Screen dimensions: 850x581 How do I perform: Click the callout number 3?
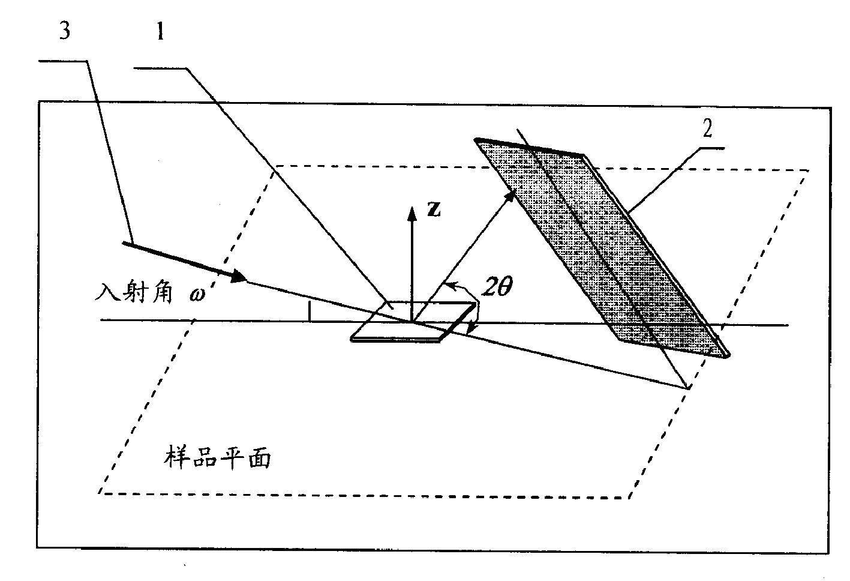(x=65, y=31)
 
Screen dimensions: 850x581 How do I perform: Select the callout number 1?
(x=161, y=31)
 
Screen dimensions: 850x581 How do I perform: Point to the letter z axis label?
(x=434, y=209)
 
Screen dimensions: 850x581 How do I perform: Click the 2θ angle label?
(x=497, y=286)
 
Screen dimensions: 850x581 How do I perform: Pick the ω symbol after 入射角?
(x=197, y=294)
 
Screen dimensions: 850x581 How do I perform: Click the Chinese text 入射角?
(x=134, y=292)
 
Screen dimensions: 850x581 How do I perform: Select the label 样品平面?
(x=217, y=458)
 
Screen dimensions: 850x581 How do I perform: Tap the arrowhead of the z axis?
(x=412, y=214)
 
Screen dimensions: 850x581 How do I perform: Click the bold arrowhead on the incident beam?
(x=239, y=275)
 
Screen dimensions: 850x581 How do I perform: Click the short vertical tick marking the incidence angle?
(x=310, y=312)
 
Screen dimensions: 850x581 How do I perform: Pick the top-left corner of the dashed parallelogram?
(x=277, y=166)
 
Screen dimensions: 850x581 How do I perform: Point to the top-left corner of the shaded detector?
(x=475, y=139)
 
